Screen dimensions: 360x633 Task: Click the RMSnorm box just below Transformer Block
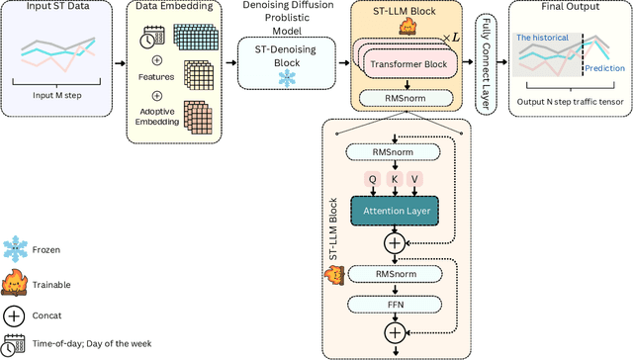407,97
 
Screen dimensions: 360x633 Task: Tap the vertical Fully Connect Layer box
484,64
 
